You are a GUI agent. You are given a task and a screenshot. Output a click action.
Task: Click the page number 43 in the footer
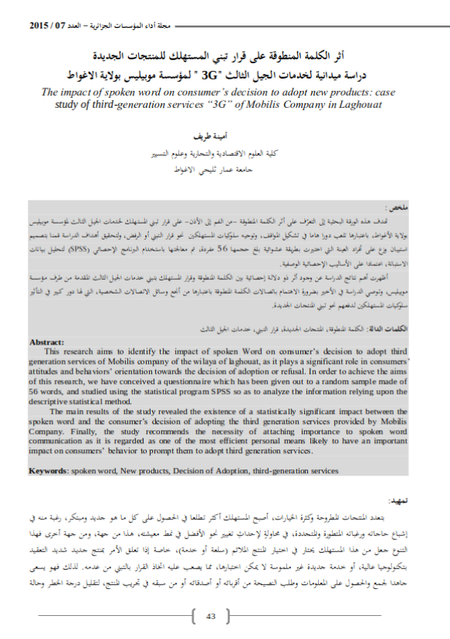212,616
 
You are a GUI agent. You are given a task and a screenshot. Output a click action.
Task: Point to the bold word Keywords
48,469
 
